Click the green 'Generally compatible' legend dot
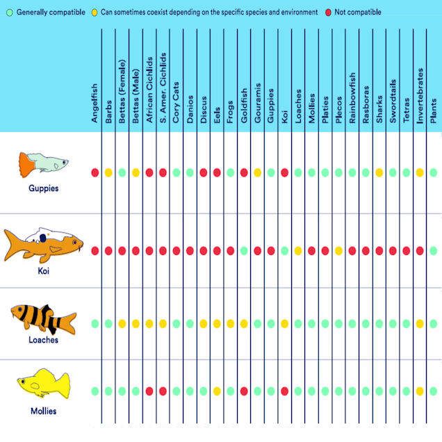[7, 13]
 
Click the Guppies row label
[43, 188]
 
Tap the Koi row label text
[43, 271]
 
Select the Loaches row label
[43, 340]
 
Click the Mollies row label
[43, 411]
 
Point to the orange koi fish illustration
[43, 245]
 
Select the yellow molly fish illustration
[45, 384]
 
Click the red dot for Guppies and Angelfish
[95, 172]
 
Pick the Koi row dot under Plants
[434, 251]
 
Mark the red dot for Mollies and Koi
[285, 391]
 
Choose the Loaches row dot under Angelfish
[95, 323]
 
